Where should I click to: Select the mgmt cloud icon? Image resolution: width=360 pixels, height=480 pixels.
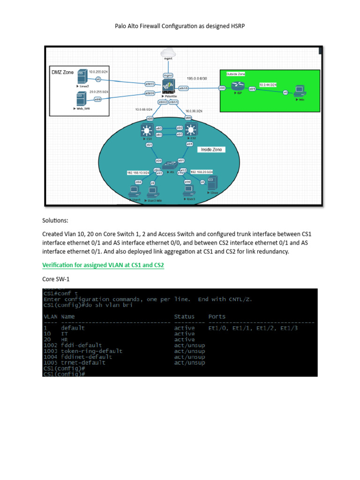coord(167,52)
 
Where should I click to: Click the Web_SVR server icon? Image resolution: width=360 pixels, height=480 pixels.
coord(81,99)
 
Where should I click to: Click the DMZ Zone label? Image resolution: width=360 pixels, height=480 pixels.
coord(63,73)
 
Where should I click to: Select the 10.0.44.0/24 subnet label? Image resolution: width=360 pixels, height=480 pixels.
coord(268,84)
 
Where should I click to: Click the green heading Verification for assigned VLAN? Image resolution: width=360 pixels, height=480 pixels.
coord(103,265)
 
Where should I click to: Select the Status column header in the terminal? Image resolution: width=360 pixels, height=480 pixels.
coord(184,316)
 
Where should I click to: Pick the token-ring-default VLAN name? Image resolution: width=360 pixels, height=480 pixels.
coord(92,351)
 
